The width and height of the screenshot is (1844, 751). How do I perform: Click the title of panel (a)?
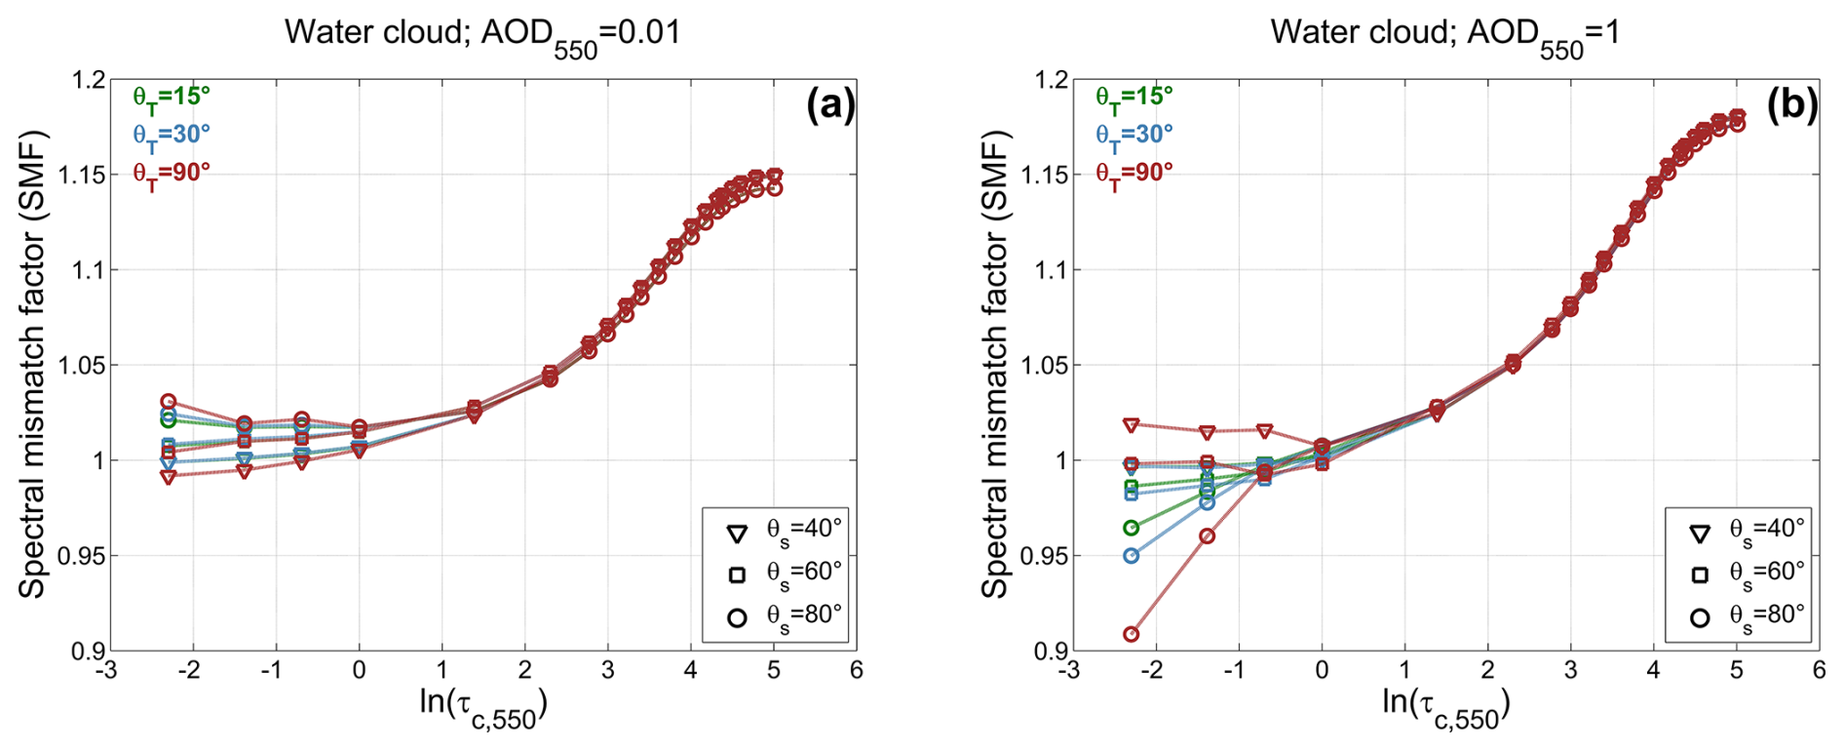(482, 35)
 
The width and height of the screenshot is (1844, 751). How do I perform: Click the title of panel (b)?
(1444, 35)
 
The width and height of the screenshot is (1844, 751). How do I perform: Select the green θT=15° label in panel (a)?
(172, 98)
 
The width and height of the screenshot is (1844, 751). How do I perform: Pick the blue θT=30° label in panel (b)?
(1133, 135)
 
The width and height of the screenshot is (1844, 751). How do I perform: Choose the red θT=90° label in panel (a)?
(172, 174)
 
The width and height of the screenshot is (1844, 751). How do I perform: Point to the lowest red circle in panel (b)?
(1131, 634)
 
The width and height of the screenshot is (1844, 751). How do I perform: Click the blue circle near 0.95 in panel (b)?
(1131, 556)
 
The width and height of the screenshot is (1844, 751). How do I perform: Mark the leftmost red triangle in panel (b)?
(1131, 425)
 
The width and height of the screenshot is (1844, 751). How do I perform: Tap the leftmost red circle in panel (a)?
(168, 401)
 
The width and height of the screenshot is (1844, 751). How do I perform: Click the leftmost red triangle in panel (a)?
(168, 476)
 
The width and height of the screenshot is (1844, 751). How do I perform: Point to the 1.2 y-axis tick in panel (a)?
(89, 80)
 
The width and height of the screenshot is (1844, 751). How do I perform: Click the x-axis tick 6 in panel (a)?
(856, 670)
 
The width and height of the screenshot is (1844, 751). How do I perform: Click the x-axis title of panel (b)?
(1445, 706)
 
